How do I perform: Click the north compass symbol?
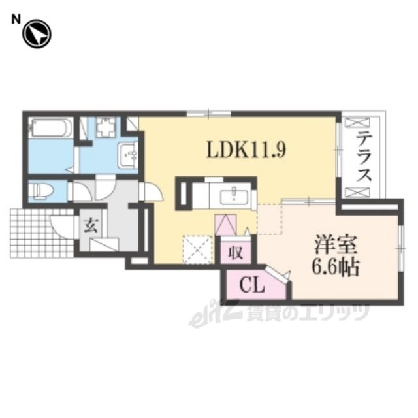(37, 34)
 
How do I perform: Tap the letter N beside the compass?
(16, 20)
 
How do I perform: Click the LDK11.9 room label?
(246, 150)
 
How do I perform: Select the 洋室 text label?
(335, 245)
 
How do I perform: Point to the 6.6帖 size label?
(336, 266)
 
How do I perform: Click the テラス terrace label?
(364, 157)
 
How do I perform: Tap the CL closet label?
(251, 286)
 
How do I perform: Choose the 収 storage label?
(236, 253)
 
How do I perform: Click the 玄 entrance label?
(91, 225)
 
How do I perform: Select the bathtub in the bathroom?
(51, 128)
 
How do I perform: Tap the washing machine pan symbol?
(106, 127)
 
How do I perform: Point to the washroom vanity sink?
(128, 155)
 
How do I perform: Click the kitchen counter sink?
(234, 197)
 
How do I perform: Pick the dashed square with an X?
(197, 249)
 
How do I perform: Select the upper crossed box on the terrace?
(357, 123)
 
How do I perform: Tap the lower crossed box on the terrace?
(357, 193)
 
